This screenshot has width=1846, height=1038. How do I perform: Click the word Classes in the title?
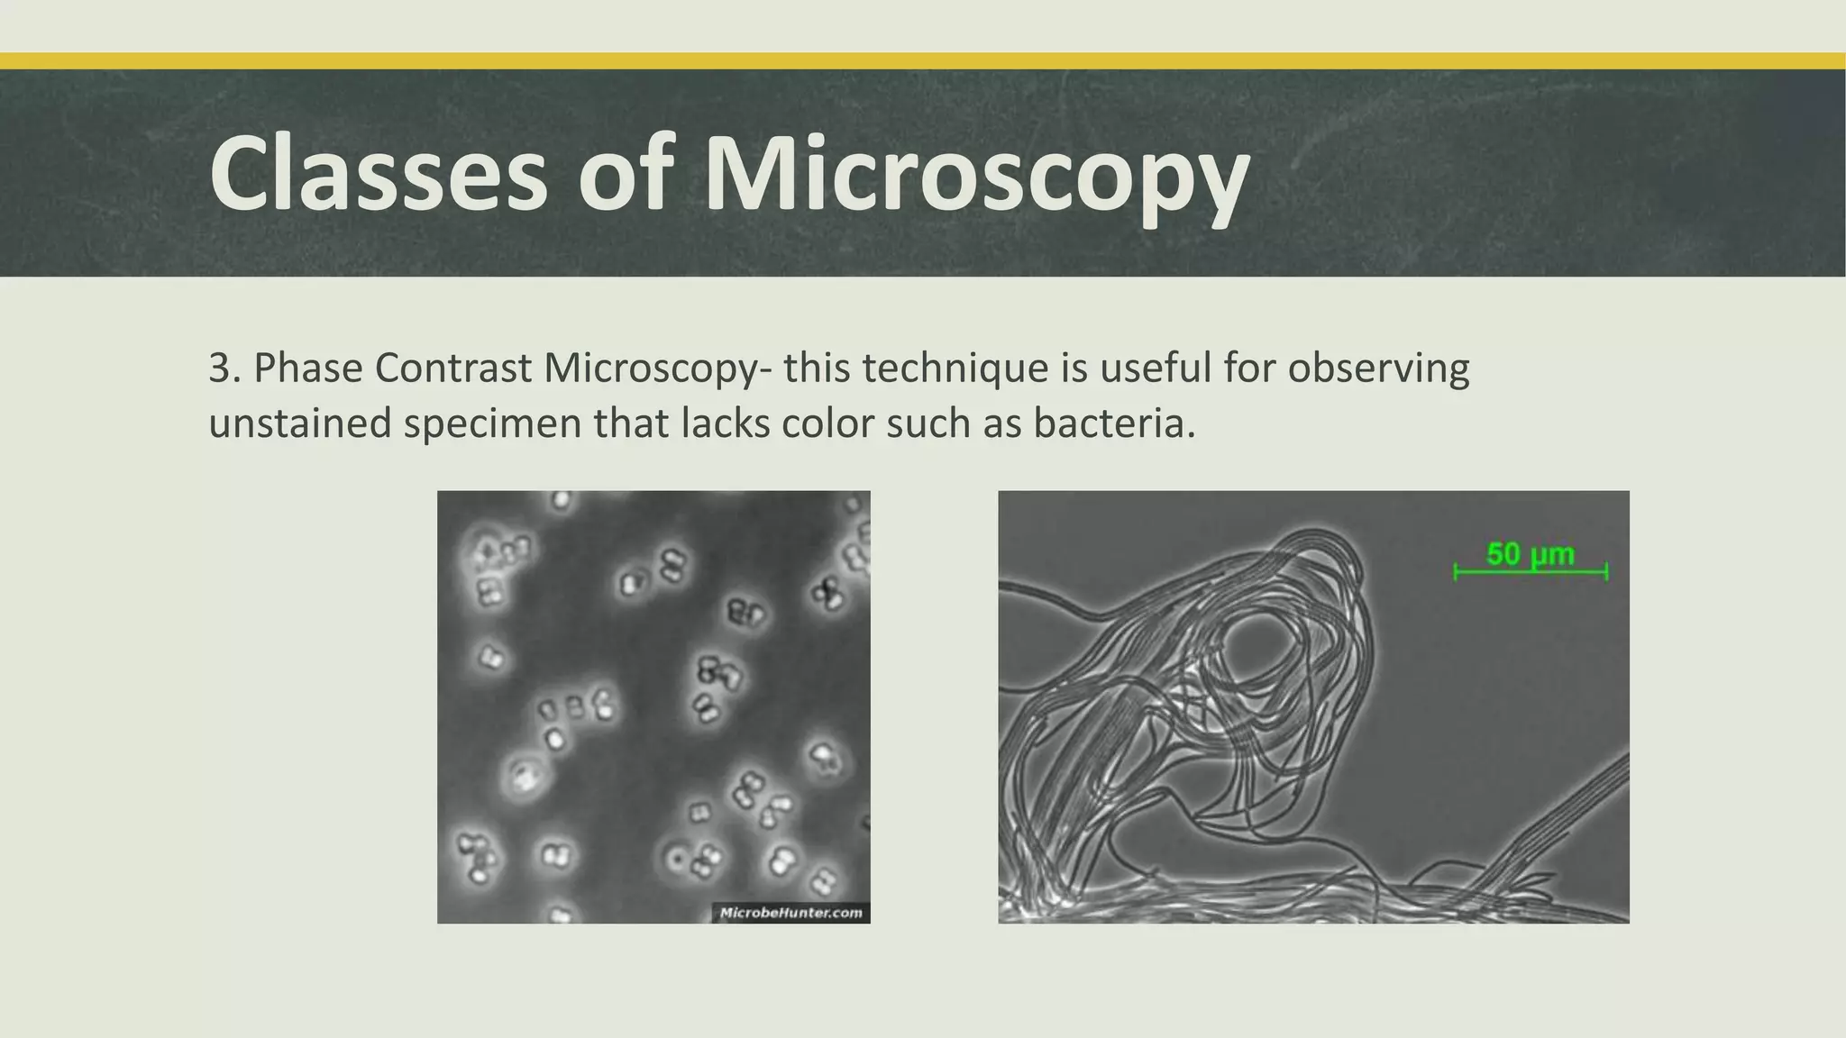click(x=379, y=173)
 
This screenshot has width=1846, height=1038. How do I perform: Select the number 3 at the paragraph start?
click(x=219, y=369)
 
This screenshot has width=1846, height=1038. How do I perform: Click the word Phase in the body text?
click(x=307, y=369)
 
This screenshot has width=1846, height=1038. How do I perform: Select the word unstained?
click(x=299, y=423)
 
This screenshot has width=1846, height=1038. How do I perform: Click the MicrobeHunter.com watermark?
click(x=790, y=913)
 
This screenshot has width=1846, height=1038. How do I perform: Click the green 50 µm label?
click(x=1530, y=553)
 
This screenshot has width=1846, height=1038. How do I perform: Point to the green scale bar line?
click(x=1531, y=571)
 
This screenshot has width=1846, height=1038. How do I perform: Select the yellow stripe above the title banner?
click(x=923, y=61)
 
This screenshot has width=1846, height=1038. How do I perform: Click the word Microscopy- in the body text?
click(x=657, y=370)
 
